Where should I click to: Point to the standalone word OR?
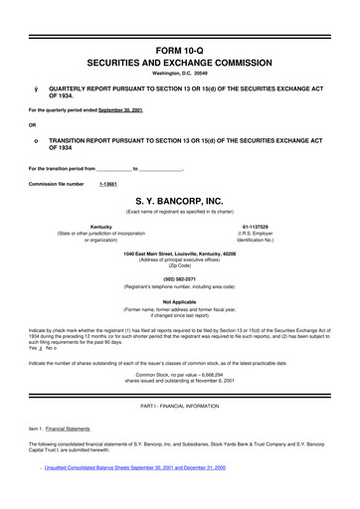34,124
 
